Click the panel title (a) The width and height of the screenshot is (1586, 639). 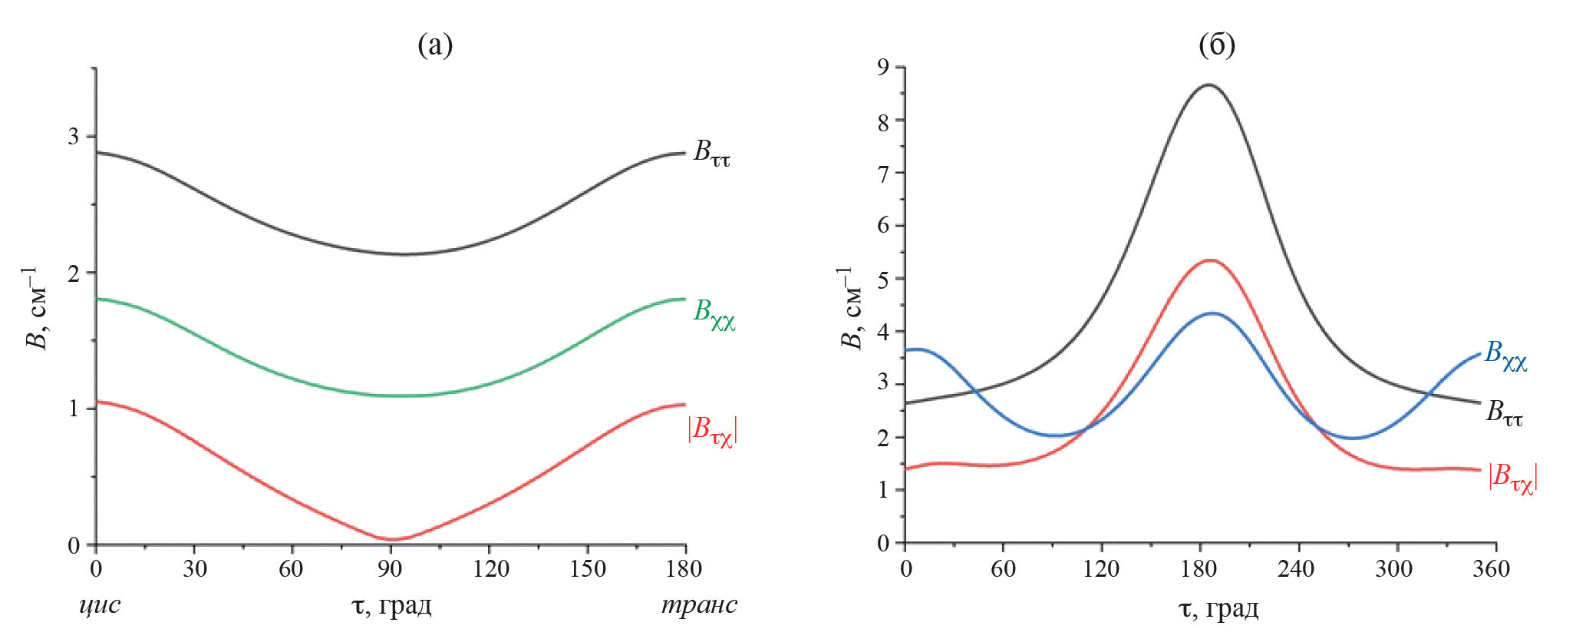[x=435, y=45]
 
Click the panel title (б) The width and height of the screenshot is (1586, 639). [x=1216, y=45]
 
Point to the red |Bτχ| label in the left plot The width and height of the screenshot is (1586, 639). [x=712, y=432]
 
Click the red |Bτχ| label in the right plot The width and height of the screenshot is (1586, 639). [x=1512, y=478]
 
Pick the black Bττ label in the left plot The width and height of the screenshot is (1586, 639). [x=711, y=152]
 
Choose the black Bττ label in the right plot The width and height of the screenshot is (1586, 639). [x=1504, y=413]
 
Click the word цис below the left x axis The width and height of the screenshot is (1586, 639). [x=100, y=605]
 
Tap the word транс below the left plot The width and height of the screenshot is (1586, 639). [x=699, y=605]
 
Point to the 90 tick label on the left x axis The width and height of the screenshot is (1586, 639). [x=391, y=569]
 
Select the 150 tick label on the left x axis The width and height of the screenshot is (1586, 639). [x=587, y=569]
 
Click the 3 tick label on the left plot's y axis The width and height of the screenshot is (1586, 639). [x=74, y=137]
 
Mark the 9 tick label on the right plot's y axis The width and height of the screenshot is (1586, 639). [x=883, y=68]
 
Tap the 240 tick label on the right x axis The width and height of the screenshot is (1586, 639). [x=1297, y=569]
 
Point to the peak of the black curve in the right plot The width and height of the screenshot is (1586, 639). [x=1209, y=84]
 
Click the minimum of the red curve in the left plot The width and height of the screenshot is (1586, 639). [x=391, y=539]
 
